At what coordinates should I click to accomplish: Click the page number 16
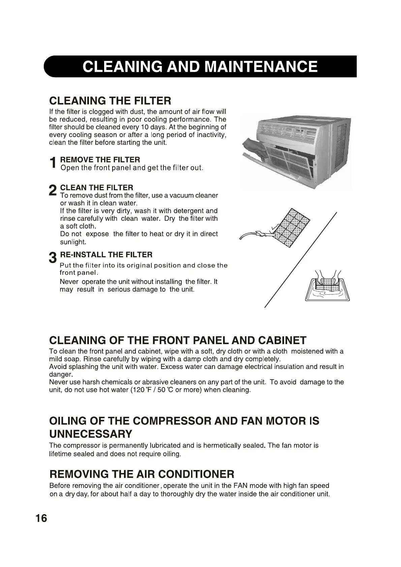[41, 518]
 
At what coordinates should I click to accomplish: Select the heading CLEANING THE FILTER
[110, 100]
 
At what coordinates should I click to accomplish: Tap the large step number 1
[53, 164]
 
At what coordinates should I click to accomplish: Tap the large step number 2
[53, 191]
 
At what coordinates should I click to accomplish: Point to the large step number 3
[53, 258]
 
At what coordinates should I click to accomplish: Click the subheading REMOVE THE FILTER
[100, 160]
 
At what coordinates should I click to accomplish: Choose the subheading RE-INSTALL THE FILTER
[106, 255]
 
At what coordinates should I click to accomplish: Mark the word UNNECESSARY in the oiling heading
[91, 433]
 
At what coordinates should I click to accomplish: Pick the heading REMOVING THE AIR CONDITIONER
[142, 474]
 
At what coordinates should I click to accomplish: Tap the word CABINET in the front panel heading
[282, 340]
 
